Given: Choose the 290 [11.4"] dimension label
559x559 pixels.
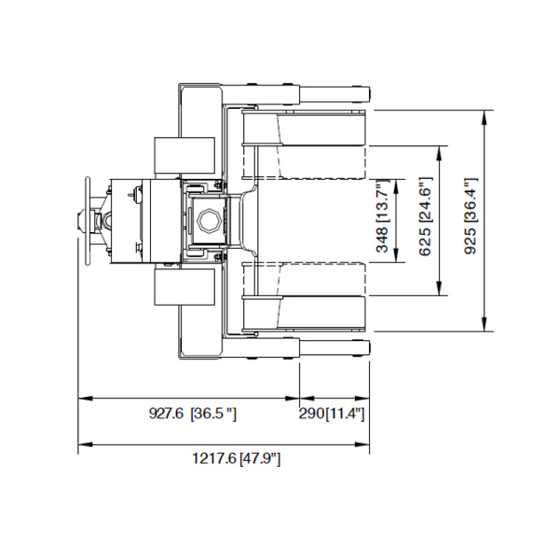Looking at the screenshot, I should (332, 414).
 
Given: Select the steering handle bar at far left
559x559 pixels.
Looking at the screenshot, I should (87, 221).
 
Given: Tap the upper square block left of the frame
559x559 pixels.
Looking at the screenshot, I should (183, 156).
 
